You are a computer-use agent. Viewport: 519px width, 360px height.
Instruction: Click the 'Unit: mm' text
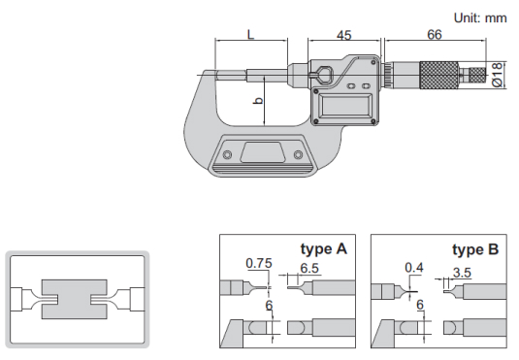click(480, 17)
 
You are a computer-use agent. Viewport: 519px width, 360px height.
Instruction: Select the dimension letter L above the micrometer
click(251, 34)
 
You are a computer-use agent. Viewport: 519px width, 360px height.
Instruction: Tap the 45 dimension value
click(344, 35)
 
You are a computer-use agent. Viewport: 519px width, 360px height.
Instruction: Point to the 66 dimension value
click(435, 34)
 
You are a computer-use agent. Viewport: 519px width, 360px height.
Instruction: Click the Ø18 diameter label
click(497, 75)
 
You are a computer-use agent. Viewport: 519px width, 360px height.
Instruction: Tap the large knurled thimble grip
click(439, 75)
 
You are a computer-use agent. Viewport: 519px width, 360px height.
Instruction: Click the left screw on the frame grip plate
click(227, 154)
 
